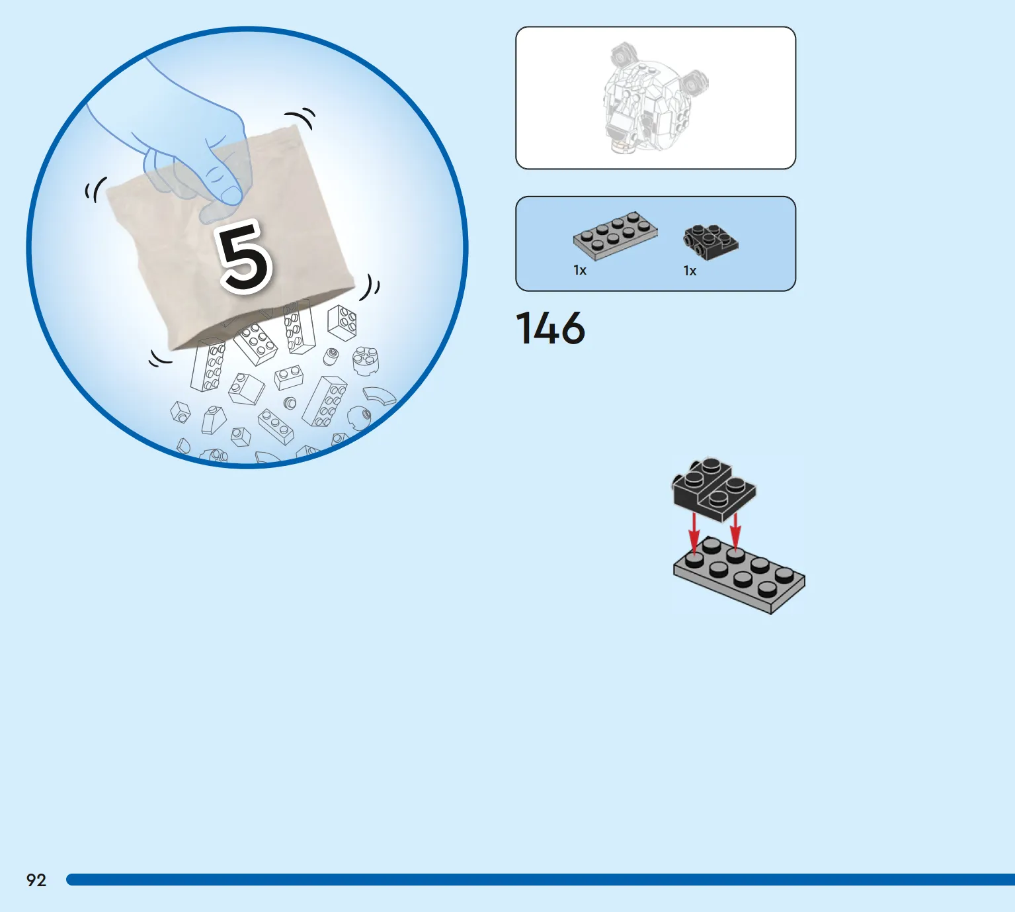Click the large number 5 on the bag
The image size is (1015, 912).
point(245,257)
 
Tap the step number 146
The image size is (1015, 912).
point(550,328)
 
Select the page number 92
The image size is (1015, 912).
point(36,880)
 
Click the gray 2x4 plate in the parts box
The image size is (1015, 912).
point(615,236)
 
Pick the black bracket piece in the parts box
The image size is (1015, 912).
point(710,242)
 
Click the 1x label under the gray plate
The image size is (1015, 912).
point(580,270)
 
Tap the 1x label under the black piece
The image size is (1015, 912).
point(690,271)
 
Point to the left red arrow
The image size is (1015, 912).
point(694,531)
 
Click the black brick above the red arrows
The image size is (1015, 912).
point(714,489)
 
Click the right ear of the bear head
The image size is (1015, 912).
point(694,81)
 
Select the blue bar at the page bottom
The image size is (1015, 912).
point(541,880)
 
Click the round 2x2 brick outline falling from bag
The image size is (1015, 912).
point(366,361)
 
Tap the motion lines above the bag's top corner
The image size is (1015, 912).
point(301,118)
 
